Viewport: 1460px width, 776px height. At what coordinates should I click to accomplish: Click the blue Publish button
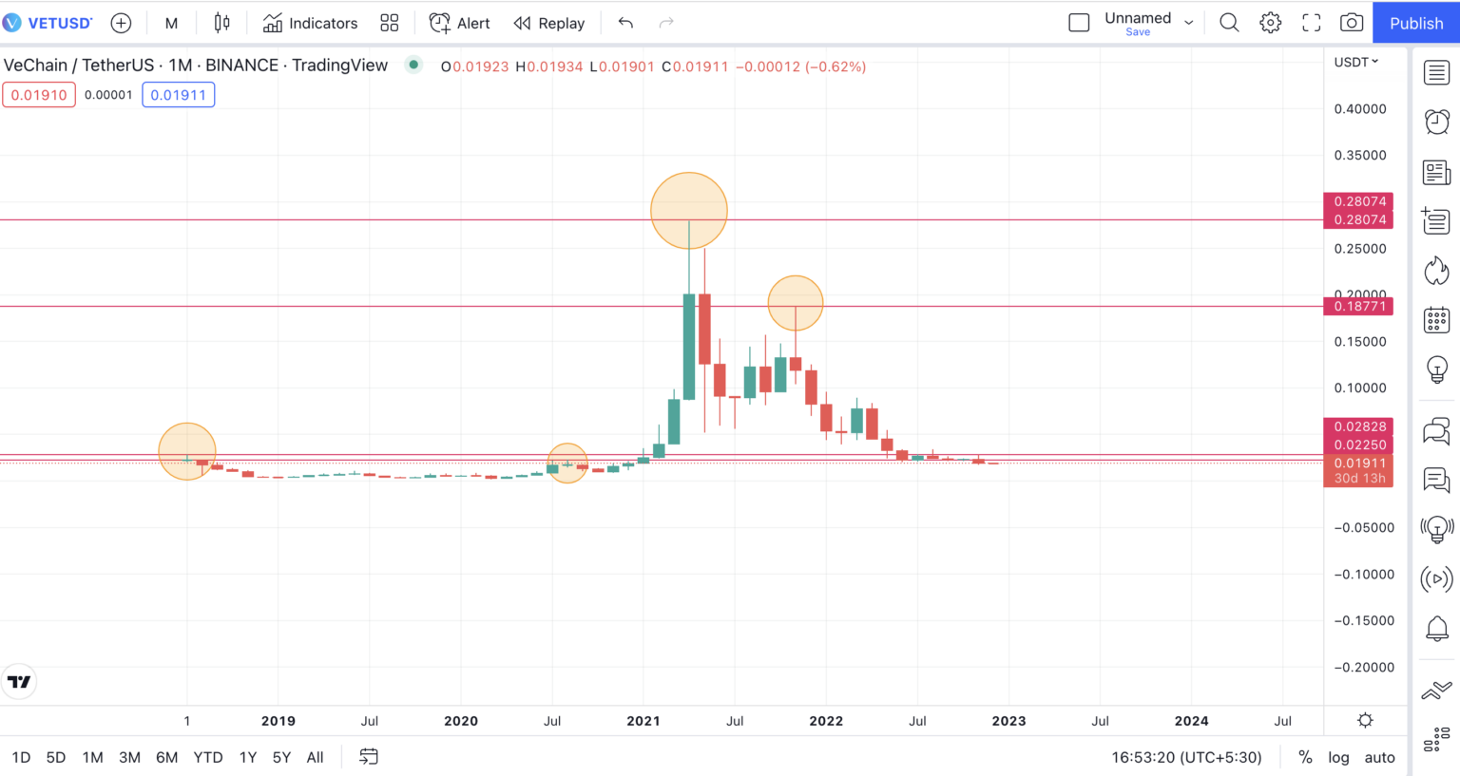(1415, 23)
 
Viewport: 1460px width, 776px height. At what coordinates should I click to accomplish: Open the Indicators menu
(311, 23)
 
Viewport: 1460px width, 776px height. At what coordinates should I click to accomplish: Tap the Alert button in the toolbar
(460, 23)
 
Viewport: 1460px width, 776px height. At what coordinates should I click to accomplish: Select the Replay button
(549, 23)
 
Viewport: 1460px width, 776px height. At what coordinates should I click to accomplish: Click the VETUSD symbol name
(59, 23)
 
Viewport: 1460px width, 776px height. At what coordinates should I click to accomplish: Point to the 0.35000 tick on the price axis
(1359, 155)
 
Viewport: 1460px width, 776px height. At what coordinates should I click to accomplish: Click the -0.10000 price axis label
(1363, 575)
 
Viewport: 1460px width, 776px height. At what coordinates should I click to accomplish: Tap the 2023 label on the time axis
(1009, 721)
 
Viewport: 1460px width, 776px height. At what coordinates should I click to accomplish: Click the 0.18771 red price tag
(1359, 306)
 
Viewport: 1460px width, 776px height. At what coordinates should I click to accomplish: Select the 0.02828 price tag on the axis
(1359, 426)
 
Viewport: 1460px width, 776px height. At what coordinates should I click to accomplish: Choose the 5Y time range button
(281, 757)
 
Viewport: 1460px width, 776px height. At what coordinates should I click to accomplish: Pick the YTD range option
(208, 757)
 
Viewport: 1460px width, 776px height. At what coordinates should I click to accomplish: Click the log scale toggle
(1338, 757)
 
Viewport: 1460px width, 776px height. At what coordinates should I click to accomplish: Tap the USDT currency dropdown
(1355, 62)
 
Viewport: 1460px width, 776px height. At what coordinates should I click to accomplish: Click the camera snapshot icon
(1351, 23)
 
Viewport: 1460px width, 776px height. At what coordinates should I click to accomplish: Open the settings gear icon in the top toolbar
(1270, 23)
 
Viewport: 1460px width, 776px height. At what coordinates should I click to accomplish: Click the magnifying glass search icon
(1229, 23)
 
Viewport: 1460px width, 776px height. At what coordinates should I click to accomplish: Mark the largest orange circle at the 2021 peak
(689, 210)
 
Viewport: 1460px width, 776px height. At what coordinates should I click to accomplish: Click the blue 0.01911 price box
(178, 95)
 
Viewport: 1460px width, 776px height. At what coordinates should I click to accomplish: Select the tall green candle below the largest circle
(689, 347)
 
